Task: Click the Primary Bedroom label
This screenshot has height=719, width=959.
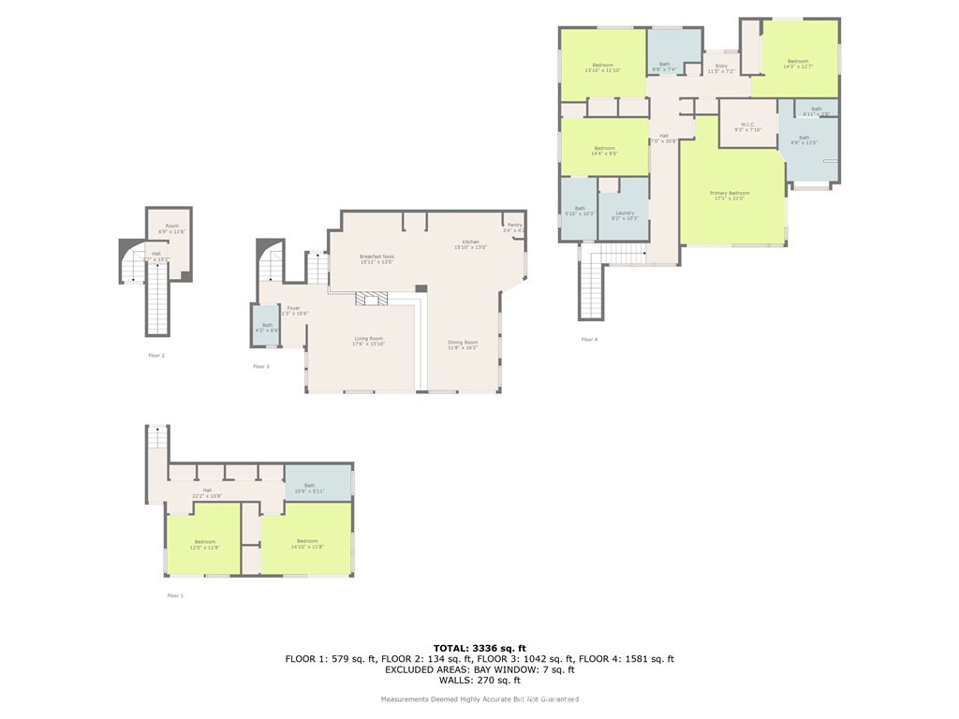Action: [x=730, y=194]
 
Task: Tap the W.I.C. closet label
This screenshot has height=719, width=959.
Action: [x=747, y=126]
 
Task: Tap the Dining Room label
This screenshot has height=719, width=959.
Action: [x=463, y=345]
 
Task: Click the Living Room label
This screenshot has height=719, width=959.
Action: [x=368, y=341]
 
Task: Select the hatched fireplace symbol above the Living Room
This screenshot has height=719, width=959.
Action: [x=371, y=299]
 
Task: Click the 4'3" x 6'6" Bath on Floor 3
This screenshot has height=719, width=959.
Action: [x=267, y=327]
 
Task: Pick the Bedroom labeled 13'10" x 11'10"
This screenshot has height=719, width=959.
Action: [x=602, y=67]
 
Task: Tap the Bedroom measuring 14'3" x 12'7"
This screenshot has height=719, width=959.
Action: [x=798, y=64]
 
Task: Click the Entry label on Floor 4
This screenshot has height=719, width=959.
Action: [x=721, y=68]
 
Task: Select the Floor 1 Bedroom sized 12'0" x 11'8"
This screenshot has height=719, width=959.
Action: [x=204, y=544]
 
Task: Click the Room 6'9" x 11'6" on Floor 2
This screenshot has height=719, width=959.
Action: [x=171, y=228]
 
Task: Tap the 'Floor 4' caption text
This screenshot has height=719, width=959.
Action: [x=588, y=339]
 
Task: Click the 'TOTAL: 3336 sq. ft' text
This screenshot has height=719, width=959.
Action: [x=479, y=648]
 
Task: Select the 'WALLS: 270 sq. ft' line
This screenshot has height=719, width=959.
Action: [x=479, y=681]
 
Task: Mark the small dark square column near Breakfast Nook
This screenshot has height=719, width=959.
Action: [x=420, y=289]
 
